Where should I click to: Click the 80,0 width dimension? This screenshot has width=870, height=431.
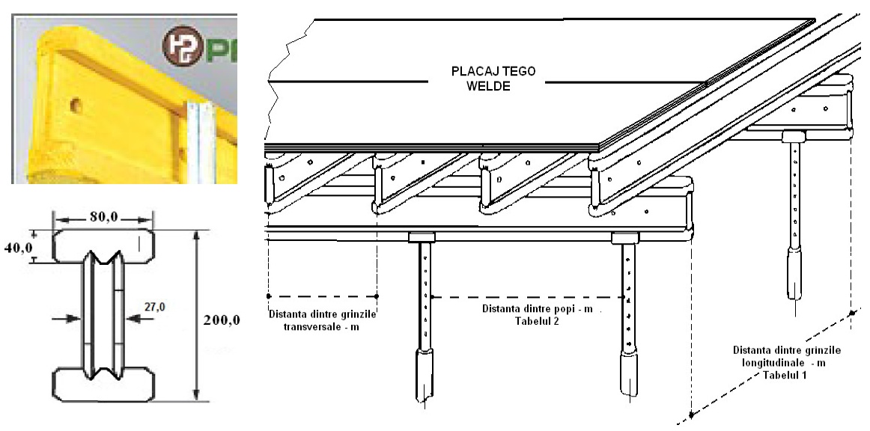pyautogui.click(x=103, y=218)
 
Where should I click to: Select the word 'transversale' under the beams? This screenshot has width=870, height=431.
pyautogui.click(x=322, y=325)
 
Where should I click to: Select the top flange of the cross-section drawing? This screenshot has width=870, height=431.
pyautogui.click(x=103, y=244)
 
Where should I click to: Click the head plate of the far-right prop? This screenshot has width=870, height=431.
pyautogui.click(x=794, y=135)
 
